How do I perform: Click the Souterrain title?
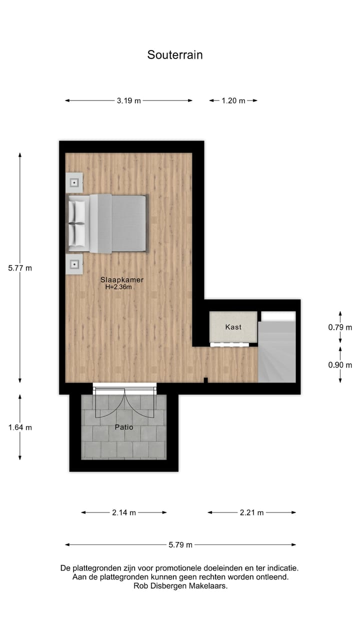[175, 55]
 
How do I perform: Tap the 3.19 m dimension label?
[128, 100]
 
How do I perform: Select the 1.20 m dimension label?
[233, 100]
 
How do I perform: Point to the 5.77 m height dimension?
[20, 268]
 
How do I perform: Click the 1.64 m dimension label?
[20, 427]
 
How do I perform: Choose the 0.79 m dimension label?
[340, 327]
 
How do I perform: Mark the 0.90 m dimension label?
[340, 365]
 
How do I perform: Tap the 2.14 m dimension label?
[124, 512]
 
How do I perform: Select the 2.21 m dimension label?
[251, 512]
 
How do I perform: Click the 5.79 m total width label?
[180, 545]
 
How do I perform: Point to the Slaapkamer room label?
[118, 280]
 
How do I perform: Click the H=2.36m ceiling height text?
[118, 287]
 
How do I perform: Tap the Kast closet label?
[233, 327]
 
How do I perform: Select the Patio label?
[124, 427]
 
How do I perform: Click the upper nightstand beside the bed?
[74, 182]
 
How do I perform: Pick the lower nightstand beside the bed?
[74, 263]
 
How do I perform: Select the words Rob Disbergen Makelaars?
[180, 586]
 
